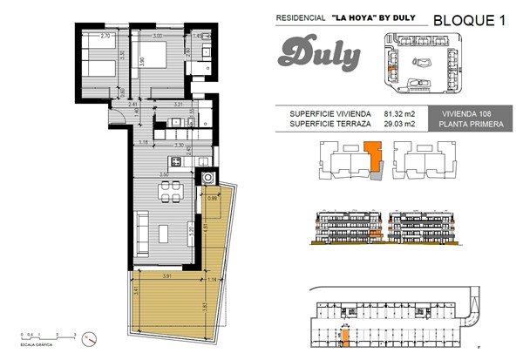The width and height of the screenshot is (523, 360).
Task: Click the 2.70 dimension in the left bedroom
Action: click(105, 37)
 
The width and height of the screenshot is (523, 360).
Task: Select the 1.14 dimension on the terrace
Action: click(214, 280)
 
